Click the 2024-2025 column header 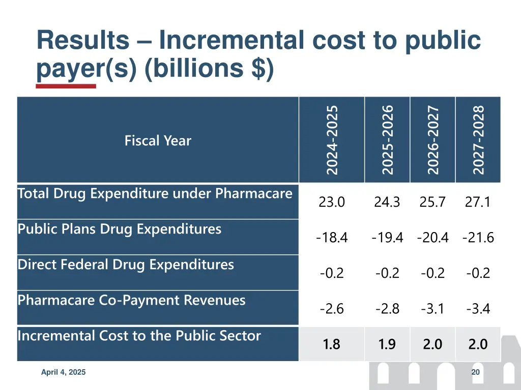[x=332, y=140]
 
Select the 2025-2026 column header [x=387, y=140]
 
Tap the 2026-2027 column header [x=432, y=140]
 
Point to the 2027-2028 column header [x=478, y=140]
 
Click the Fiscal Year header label [x=158, y=141]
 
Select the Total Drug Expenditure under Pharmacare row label [x=155, y=193]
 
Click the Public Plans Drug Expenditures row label [x=120, y=229]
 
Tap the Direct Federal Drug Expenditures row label [x=126, y=265]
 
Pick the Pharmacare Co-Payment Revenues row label [x=131, y=300]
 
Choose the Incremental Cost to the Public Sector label [x=139, y=336]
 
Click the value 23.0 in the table [x=332, y=202]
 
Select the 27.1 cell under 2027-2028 [x=478, y=202]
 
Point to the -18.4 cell [x=332, y=238]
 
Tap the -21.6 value [x=478, y=238]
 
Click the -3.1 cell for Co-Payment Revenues [x=432, y=309]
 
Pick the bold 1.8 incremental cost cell [x=331, y=344]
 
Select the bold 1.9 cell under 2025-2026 [x=387, y=344]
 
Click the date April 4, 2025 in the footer [x=64, y=372]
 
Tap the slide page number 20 [x=476, y=372]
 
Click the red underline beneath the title [x=66, y=86]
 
